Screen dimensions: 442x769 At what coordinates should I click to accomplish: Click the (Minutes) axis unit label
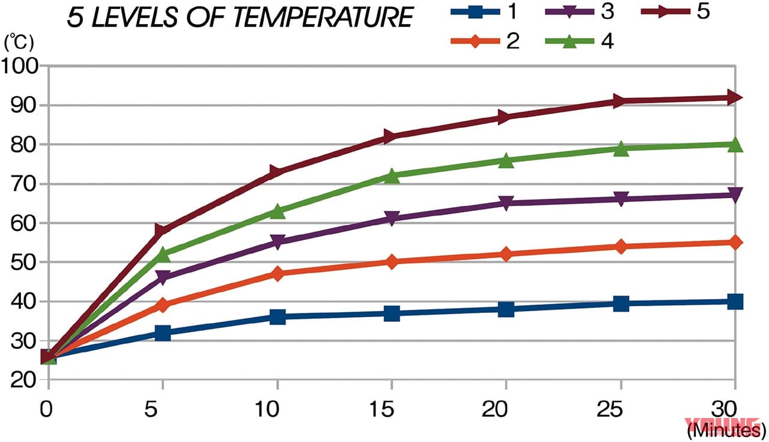[x=725, y=430]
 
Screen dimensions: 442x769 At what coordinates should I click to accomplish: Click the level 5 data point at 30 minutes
[x=735, y=97]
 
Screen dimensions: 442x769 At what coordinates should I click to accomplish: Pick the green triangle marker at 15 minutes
[x=392, y=175]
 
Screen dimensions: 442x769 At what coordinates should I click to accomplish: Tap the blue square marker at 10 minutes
[x=277, y=316]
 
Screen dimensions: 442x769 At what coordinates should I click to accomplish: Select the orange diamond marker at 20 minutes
[x=506, y=254]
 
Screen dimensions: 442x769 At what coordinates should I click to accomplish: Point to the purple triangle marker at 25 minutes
[x=621, y=199]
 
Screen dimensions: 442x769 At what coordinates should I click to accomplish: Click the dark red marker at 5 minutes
[x=162, y=231]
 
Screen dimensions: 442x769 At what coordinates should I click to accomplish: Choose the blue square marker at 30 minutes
[x=735, y=301]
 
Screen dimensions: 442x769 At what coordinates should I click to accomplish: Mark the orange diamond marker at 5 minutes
[x=162, y=305]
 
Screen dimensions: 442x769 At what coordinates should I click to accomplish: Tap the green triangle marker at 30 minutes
[x=735, y=144]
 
